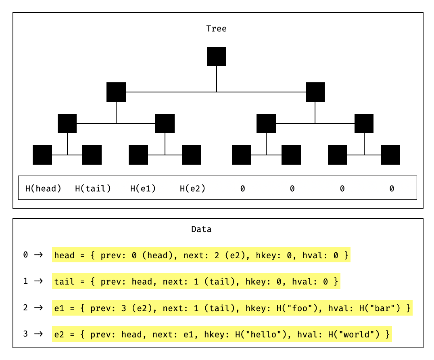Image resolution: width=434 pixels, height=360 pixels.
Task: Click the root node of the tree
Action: coord(217,57)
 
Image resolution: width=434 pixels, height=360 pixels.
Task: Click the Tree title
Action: coord(216,29)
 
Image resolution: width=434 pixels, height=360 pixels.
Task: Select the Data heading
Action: coord(201,229)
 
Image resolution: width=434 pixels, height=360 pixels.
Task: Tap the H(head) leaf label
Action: coord(43,188)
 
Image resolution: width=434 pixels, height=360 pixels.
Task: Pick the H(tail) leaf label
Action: coord(93,188)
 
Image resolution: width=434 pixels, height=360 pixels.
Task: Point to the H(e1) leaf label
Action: coord(143,188)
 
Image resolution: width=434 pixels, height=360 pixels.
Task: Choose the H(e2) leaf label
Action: coord(192,188)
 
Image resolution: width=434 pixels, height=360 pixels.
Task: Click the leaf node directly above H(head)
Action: coord(42,155)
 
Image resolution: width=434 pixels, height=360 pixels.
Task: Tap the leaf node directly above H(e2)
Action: coord(192,155)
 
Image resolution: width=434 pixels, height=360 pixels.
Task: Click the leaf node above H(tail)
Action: coord(92,155)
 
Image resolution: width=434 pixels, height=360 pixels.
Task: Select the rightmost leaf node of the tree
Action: coord(390,155)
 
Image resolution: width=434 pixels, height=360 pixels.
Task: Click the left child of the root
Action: coord(116,92)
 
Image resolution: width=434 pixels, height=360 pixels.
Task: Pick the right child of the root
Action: coord(315,92)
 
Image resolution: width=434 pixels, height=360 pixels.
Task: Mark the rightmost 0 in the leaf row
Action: coord(392,188)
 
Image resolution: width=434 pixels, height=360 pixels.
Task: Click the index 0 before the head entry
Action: coord(26,255)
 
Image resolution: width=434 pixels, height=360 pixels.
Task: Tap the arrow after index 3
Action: coord(38,334)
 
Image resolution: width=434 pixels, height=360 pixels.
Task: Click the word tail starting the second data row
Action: coord(64,281)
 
